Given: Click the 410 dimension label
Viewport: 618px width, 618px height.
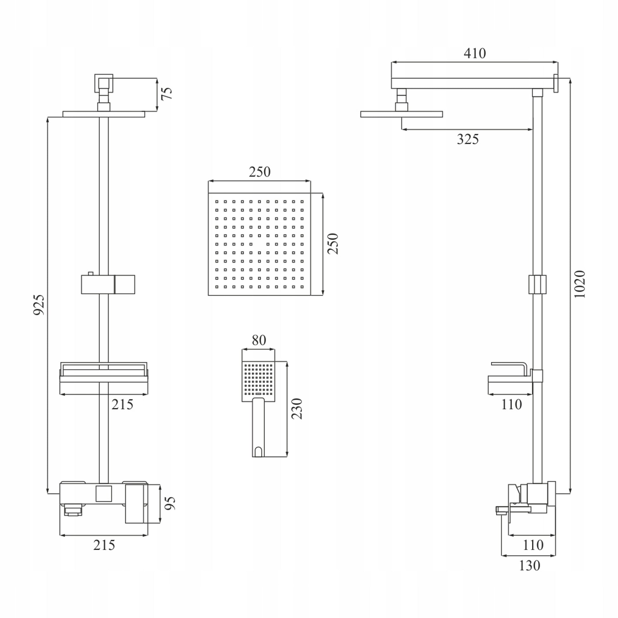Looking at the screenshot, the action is (x=475, y=53).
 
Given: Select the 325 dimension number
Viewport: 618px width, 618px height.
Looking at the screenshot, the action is (x=468, y=139).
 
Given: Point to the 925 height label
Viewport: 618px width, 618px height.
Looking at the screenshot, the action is (x=39, y=305).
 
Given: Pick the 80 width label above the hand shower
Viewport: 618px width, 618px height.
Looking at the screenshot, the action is (x=259, y=340).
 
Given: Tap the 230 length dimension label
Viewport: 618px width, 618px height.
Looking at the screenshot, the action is (x=297, y=409).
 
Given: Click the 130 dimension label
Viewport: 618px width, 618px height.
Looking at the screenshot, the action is (x=529, y=566).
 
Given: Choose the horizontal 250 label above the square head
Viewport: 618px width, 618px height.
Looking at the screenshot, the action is (x=260, y=172).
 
